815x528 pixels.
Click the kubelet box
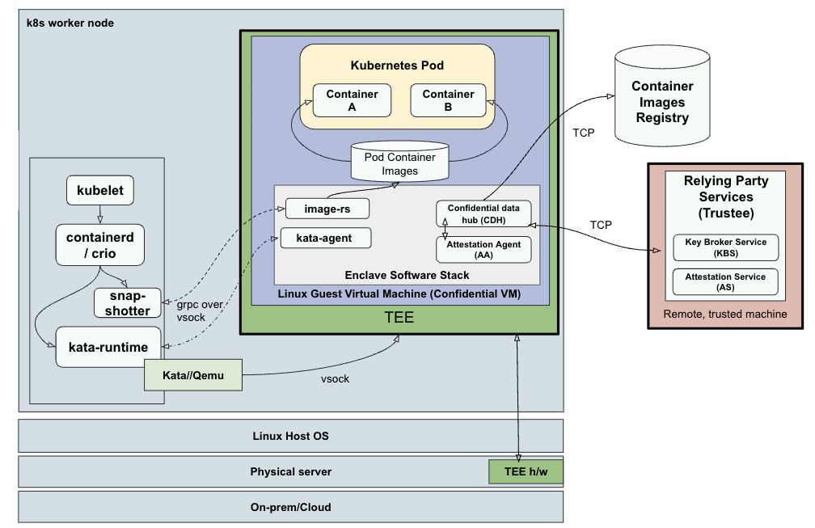click(99, 192)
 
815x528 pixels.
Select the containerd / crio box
click(99, 244)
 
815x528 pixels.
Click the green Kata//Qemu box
click(193, 375)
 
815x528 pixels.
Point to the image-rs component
click(327, 209)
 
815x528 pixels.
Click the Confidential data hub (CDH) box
click(484, 213)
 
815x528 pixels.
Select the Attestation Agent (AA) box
click(484, 249)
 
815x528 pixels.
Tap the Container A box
click(352, 100)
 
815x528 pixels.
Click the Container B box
click(448, 100)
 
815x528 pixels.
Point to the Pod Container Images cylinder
click(399, 163)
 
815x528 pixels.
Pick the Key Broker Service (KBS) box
click(725, 247)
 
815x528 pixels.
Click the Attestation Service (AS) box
click(725, 281)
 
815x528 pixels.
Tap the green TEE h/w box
click(524, 471)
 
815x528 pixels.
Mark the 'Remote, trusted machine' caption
click(725, 314)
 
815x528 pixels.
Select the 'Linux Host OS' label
click(290, 436)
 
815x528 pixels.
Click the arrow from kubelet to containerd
click(99, 214)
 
